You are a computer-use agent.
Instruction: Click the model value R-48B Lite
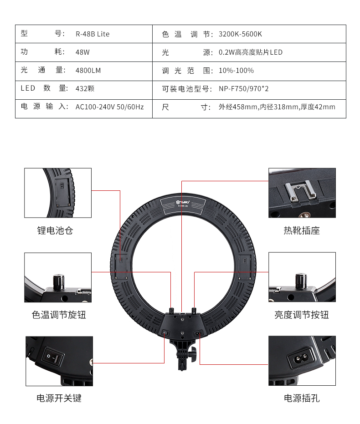[92, 34]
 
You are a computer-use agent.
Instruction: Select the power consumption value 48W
[82, 52]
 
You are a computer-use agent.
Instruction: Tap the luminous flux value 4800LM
[88, 71]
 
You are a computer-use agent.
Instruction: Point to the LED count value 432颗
[85, 89]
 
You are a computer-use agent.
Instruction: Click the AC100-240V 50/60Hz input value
[109, 107]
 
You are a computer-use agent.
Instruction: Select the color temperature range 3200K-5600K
[240, 34]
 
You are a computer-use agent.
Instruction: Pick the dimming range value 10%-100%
[236, 71]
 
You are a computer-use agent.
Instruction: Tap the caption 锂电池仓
[55, 231]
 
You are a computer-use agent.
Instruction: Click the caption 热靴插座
[302, 231]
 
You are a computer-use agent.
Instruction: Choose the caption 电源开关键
[59, 398]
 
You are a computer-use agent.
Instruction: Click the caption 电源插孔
[302, 398]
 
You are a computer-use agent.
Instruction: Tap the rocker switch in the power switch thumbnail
[52, 357]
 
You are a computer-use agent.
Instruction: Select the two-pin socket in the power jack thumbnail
[300, 358]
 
